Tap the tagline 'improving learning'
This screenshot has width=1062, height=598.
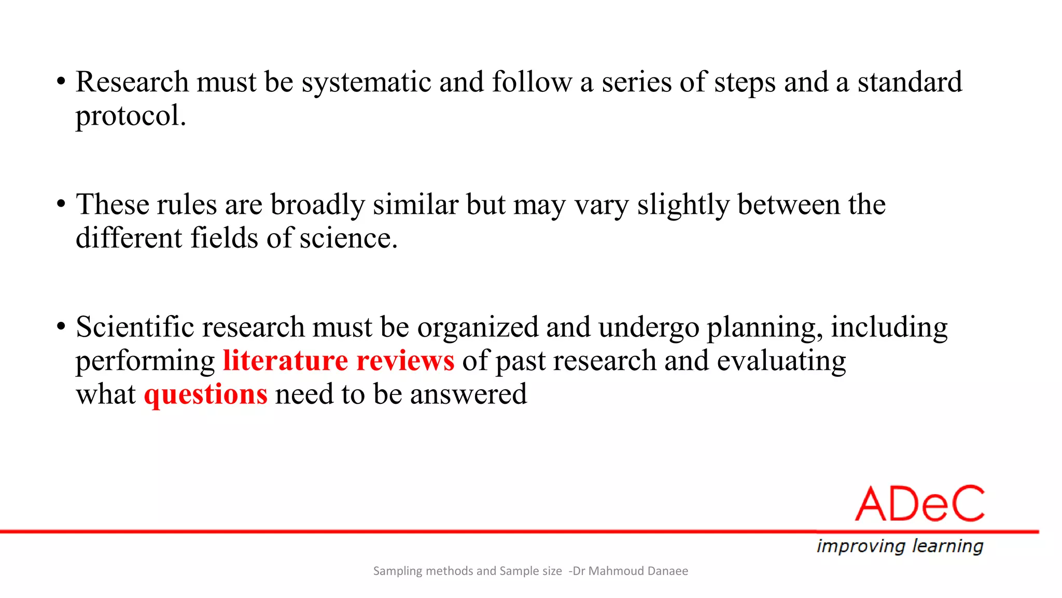click(900, 546)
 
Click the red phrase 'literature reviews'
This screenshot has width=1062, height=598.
click(339, 361)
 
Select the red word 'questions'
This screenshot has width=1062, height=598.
click(206, 395)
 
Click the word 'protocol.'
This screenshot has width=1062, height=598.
click(131, 116)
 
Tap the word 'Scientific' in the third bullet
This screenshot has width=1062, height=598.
click(135, 327)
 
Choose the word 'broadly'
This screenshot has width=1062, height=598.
click(317, 205)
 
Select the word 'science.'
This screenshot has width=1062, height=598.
click(348, 238)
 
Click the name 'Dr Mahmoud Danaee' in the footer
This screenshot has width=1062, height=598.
click(630, 571)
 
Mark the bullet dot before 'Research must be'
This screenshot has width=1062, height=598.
click(61, 81)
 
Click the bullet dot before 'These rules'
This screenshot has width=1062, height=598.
click(61, 204)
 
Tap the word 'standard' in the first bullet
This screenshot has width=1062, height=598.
click(910, 82)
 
